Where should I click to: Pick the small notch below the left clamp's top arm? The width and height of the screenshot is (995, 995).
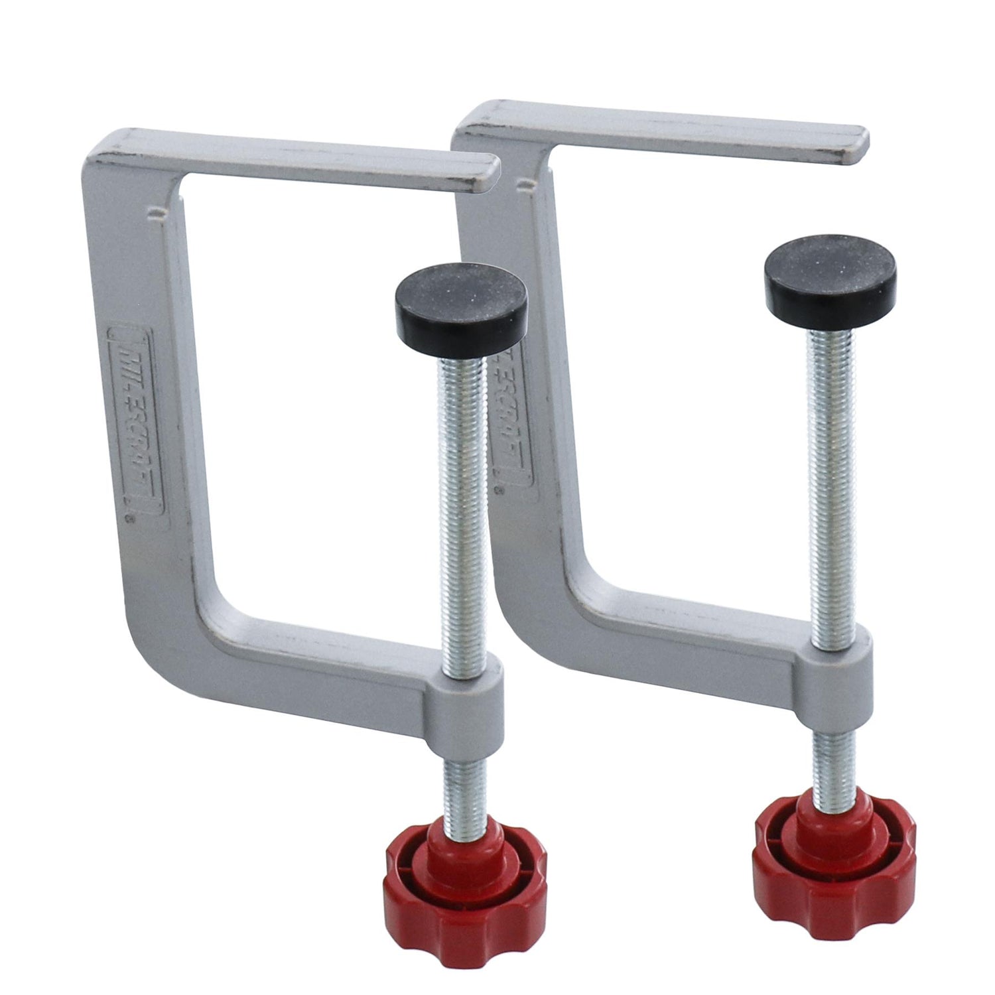click(x=157, y=214)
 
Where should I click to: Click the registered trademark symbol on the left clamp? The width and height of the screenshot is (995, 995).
click(x=131, y=522)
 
